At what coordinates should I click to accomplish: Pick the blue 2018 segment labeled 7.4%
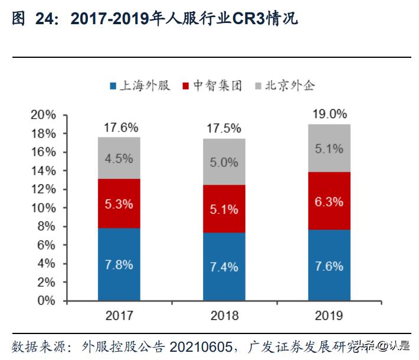224,267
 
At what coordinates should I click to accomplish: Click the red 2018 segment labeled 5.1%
224,209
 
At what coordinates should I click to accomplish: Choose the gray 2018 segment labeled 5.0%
224,162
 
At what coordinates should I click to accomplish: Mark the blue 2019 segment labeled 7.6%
329,266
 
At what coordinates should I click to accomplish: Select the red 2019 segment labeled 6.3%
329,201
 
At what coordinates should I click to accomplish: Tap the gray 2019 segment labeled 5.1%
329,149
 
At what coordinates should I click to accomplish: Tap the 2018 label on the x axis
224,315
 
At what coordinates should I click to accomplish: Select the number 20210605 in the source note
201,346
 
